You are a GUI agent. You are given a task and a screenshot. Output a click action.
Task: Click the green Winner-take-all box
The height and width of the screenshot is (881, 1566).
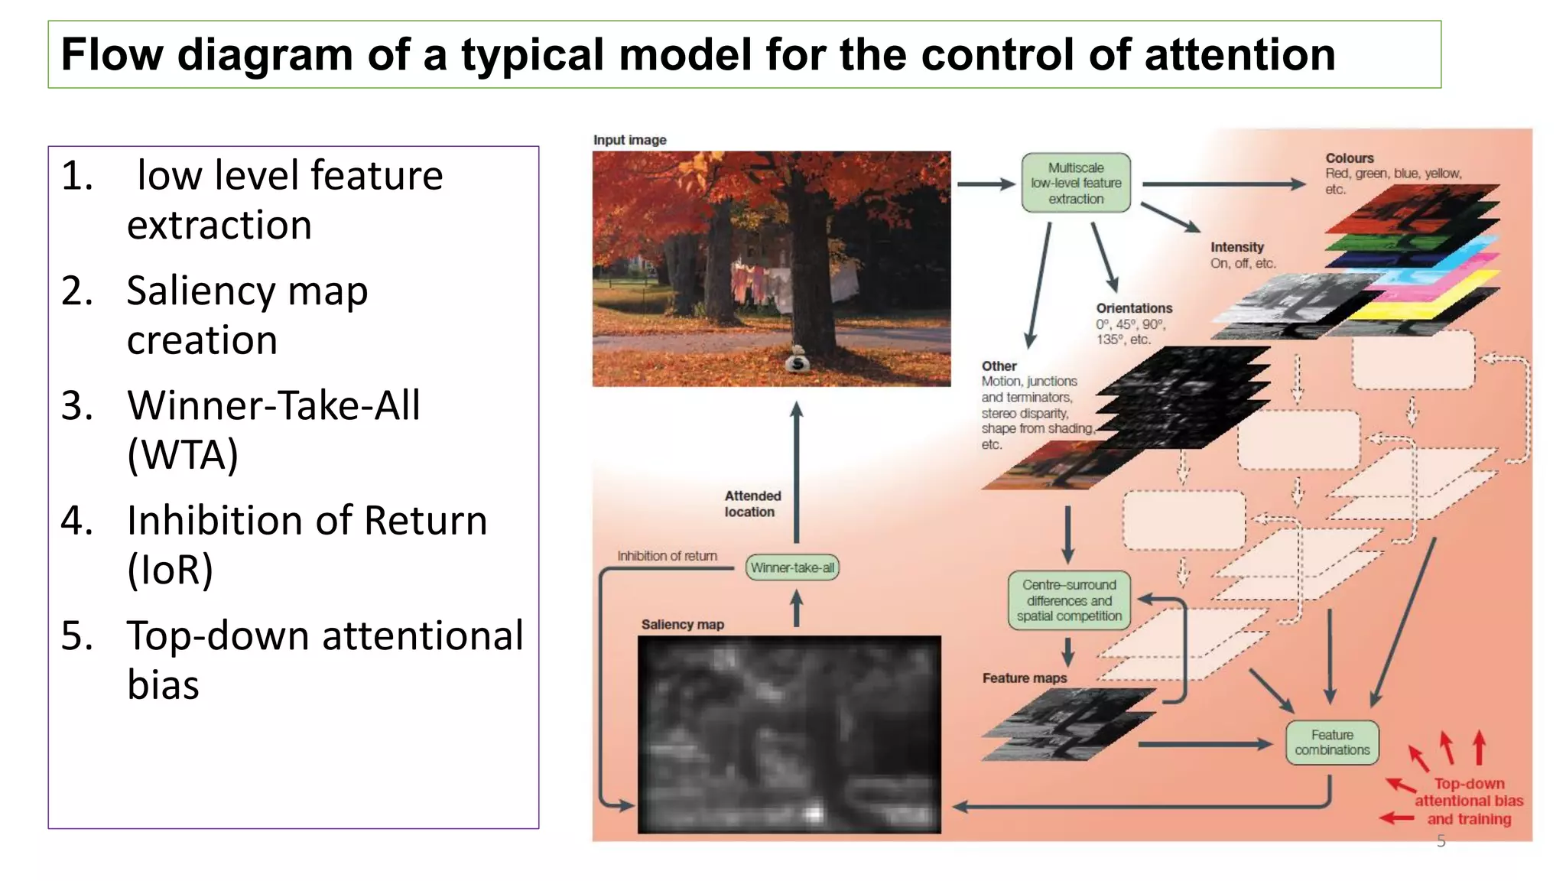[791, 567]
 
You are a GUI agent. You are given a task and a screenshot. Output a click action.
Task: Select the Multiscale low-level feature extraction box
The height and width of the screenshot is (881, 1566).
[1075, 184]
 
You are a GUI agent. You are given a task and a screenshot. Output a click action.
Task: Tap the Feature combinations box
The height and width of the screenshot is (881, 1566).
[1331, 743]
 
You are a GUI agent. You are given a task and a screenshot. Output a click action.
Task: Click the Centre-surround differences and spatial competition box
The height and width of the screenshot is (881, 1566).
[1068, 600]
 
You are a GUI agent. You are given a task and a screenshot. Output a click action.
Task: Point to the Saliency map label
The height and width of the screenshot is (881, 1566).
[682, 624]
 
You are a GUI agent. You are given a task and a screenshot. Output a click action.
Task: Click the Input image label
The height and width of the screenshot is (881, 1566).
[629, 140]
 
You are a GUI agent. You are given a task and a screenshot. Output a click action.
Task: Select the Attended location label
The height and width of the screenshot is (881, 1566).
[752, 504]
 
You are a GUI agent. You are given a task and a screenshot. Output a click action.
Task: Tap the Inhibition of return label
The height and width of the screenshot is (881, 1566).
[667, 556]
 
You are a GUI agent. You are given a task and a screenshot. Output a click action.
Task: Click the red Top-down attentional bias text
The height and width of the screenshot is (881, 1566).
[1468, 801]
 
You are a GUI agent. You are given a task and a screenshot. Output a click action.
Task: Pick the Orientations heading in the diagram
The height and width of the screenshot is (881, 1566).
[1133, 308]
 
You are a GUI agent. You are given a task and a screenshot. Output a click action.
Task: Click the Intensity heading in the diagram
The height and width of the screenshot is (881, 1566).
[1236, 247]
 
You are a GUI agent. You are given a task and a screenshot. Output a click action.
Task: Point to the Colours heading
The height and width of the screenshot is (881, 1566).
[1349, 158]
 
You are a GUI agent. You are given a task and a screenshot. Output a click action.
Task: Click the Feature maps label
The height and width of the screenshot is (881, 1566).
[1024, 678]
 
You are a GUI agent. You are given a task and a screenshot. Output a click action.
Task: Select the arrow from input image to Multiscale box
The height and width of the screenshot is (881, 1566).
[985, 184]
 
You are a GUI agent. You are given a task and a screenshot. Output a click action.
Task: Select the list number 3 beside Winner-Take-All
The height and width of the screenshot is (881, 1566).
[76, 406]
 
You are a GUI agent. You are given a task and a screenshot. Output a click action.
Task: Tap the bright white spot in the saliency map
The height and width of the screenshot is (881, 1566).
[814, 812]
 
